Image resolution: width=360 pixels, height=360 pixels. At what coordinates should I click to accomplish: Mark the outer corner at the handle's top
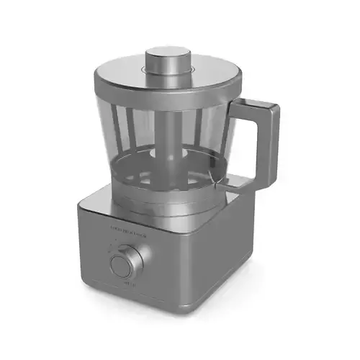coord(276,108)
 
